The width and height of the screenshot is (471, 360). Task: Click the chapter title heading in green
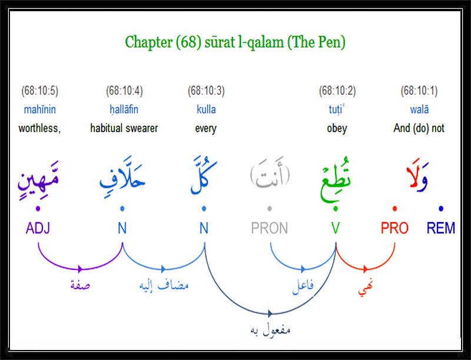coord(235,42)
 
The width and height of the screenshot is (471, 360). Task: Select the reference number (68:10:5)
coord(39,91)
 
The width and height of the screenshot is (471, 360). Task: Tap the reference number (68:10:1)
coord(419,91)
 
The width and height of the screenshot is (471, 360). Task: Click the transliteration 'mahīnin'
coord(39,110)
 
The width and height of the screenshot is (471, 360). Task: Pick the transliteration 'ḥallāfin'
coord(124,110)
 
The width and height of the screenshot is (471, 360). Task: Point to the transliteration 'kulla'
coord(206,110)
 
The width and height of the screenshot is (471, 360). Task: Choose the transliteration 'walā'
coord(419,110)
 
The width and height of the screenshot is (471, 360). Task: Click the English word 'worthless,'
coord(39,128)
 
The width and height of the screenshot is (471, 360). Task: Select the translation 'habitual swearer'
coord(124,128)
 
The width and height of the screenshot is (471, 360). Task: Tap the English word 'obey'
coord(337,128)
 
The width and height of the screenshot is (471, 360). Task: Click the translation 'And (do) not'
coord(419,128)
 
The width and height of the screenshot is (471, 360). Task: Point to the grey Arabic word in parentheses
coord(270,174)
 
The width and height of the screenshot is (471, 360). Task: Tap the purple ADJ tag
coord(38,228)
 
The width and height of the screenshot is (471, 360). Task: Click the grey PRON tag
coord(270,228)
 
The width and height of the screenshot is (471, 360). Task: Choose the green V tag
coord(336,228)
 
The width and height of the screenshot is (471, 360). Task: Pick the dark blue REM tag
coord(440,228)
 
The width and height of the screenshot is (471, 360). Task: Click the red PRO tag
coord(394,228)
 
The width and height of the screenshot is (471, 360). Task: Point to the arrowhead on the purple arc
coord(80,269)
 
